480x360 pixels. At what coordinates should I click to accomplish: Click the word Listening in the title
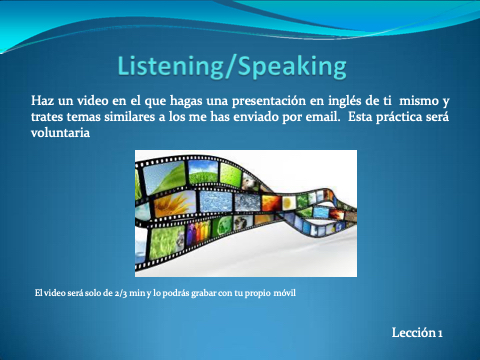point(170,66)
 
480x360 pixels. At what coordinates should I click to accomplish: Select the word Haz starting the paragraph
point(43,100)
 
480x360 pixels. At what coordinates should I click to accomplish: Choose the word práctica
point(398,117)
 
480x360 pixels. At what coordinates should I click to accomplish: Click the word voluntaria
point(60,133)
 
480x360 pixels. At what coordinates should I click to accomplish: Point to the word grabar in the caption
point(203,293)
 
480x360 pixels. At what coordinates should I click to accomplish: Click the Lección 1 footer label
point(417,332)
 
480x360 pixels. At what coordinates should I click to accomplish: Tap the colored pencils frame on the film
point(198,231)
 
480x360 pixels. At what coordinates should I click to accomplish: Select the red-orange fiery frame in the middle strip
point(271,202)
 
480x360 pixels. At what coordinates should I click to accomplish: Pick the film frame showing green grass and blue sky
point(203,172)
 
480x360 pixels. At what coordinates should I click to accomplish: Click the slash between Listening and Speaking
point(230,67)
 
